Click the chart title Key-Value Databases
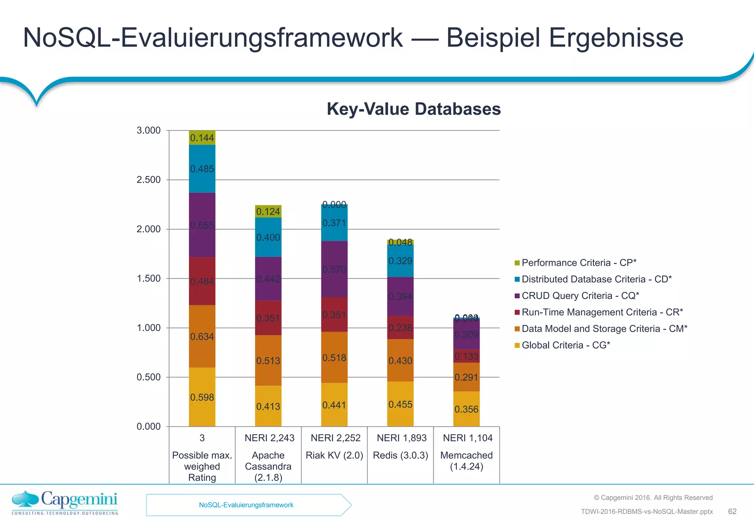coord(413,109)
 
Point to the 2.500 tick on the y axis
coord(149,180)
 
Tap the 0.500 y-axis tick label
coord(149,377)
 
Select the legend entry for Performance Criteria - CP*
coord(579,263)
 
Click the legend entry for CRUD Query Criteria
coord(580,296)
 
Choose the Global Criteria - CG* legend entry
coord(565,345)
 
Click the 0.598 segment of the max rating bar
coord(202,397)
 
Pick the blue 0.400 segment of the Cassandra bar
coord(268,237)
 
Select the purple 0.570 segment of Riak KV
coord(334,269)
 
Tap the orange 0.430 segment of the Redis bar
coord(400,360)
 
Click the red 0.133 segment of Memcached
coord(466,356)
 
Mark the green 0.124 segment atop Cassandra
coord(268,211)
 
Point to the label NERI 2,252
coord(335,438)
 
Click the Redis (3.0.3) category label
coord(401,455)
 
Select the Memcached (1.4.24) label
coord(466,461)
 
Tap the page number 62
coord(732,511)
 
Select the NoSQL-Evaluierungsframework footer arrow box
coord(246,505)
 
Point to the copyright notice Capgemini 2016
coord(653,498)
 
